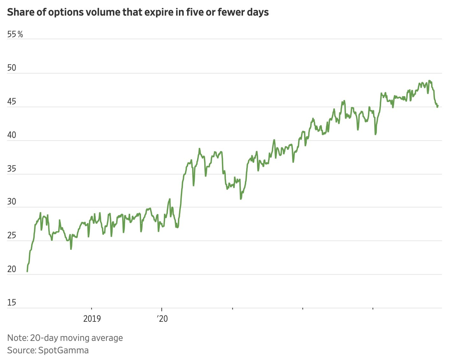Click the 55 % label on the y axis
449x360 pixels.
click(15, 34)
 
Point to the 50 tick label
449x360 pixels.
click(12, 68)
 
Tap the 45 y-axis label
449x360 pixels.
click(12, 102)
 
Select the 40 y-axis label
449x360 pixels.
click(12, 135)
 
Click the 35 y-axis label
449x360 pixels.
click(12, 169)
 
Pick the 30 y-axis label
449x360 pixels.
click(12, 202)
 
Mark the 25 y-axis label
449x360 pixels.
click(12, 236)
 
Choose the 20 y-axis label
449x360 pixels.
click(12, 269)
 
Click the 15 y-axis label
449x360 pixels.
click(12, 303)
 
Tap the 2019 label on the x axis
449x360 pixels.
click(92, 318)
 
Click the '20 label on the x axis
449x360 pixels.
click(162, 318)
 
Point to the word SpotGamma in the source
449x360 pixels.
click(63, 350)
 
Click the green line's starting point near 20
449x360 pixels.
click(27, 271)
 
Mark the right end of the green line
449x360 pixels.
click(438, 105)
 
